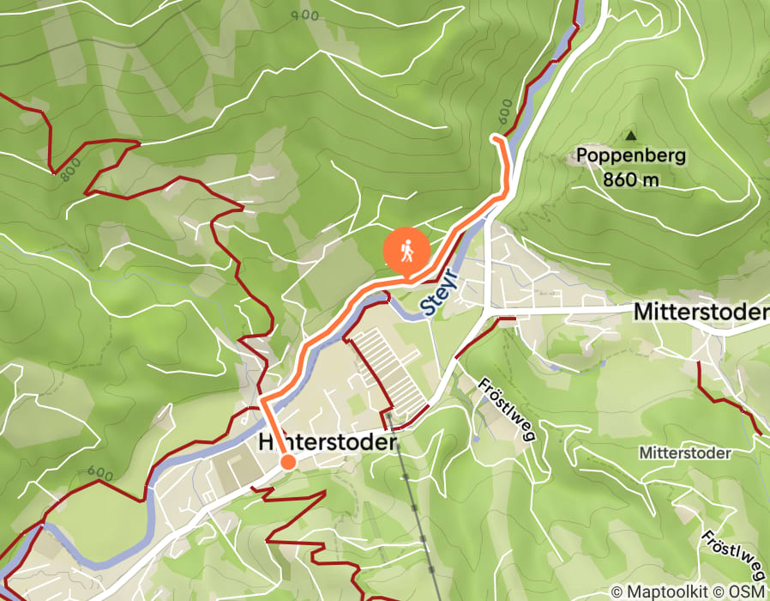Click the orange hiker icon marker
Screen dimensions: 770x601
(407, 252)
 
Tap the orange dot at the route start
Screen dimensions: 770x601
(288, 462)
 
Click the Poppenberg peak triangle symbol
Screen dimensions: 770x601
(631, 135)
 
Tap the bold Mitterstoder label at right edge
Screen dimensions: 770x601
(700, 313)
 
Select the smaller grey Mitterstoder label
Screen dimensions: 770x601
(684, 452)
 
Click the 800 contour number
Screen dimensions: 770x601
(71, 170)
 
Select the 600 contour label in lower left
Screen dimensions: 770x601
(100, 473)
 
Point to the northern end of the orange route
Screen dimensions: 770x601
(492, 137)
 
